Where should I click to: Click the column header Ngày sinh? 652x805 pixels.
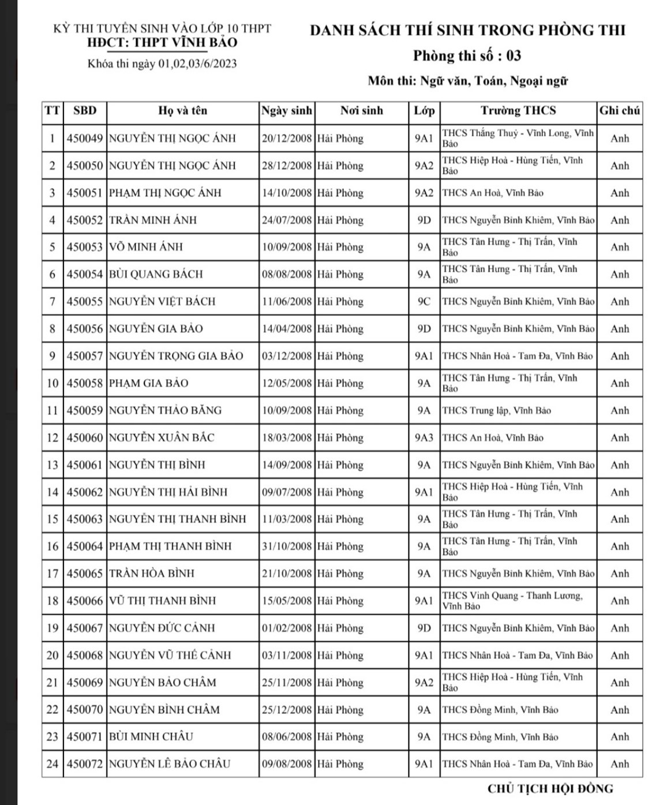point(287,111)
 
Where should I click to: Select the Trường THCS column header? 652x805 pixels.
point(518,111)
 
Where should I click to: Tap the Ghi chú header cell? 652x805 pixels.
point(620,111)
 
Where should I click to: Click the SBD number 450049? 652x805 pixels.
point(85,138)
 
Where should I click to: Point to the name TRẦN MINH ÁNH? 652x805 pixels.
point(153,220)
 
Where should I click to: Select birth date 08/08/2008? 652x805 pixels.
point(287,275)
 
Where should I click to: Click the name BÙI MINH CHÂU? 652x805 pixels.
point(151,737)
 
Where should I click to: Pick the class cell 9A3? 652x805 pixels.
point(424,438)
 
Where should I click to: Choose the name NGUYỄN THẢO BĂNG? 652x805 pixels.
point(165,411)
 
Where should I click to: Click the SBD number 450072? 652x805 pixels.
point(85,764)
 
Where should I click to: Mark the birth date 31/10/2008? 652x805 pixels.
point(287,546)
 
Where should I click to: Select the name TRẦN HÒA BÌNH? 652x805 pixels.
point(152,574)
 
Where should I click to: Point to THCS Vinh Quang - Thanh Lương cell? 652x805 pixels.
point(512,601)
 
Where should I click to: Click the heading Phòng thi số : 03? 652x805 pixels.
point(467,56)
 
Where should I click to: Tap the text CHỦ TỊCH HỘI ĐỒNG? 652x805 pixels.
point(550,789)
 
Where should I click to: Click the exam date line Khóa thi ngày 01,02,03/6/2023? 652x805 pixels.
point(162,64)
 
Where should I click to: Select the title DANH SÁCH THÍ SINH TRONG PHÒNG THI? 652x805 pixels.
point(467,30)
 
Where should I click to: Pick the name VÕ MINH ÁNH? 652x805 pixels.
point(146,247)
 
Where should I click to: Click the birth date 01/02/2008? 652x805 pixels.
point(287,628)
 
